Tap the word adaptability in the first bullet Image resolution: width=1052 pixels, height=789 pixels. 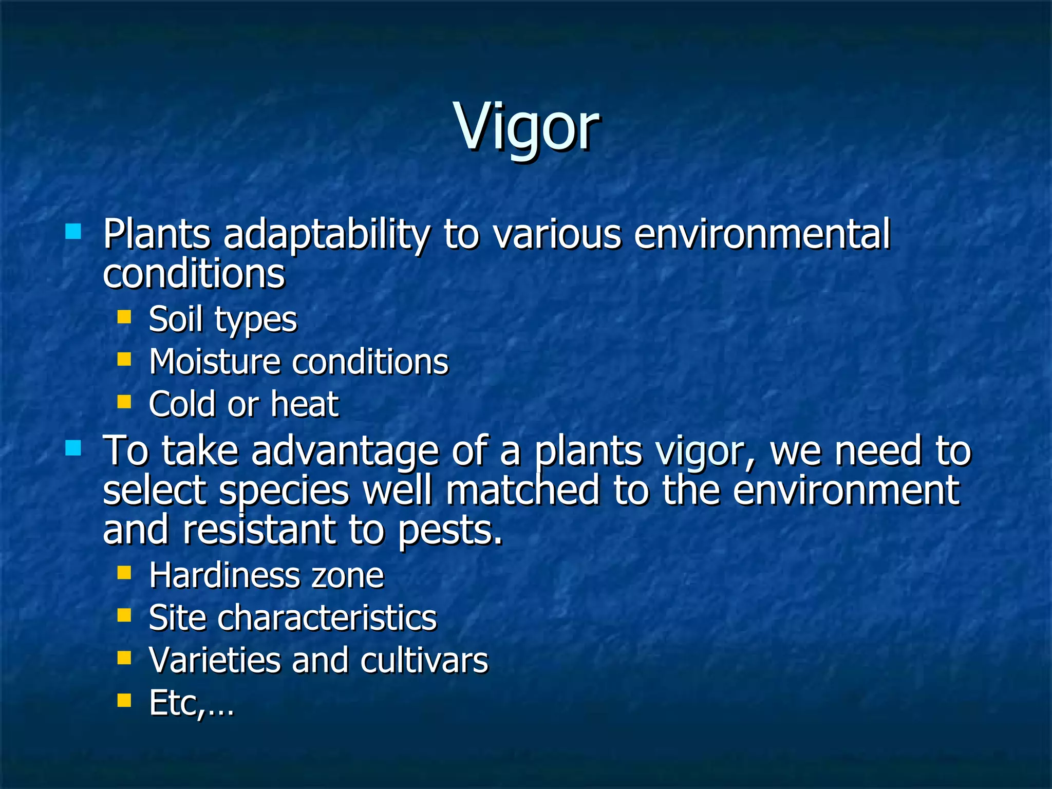[x=327, y=235]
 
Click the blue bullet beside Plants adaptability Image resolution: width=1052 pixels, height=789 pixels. [x=73, y=232]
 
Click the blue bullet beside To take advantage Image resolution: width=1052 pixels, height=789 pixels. [x=73, y=448]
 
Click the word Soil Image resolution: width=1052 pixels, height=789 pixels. [x=176, y=320]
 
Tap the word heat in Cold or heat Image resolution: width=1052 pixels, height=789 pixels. [x=305, y=404]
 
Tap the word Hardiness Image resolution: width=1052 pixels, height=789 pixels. [x=223, y=575]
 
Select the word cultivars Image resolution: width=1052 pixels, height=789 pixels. [x=424, y=660]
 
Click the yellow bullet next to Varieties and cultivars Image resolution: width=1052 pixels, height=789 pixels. [x=124, y=657]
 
